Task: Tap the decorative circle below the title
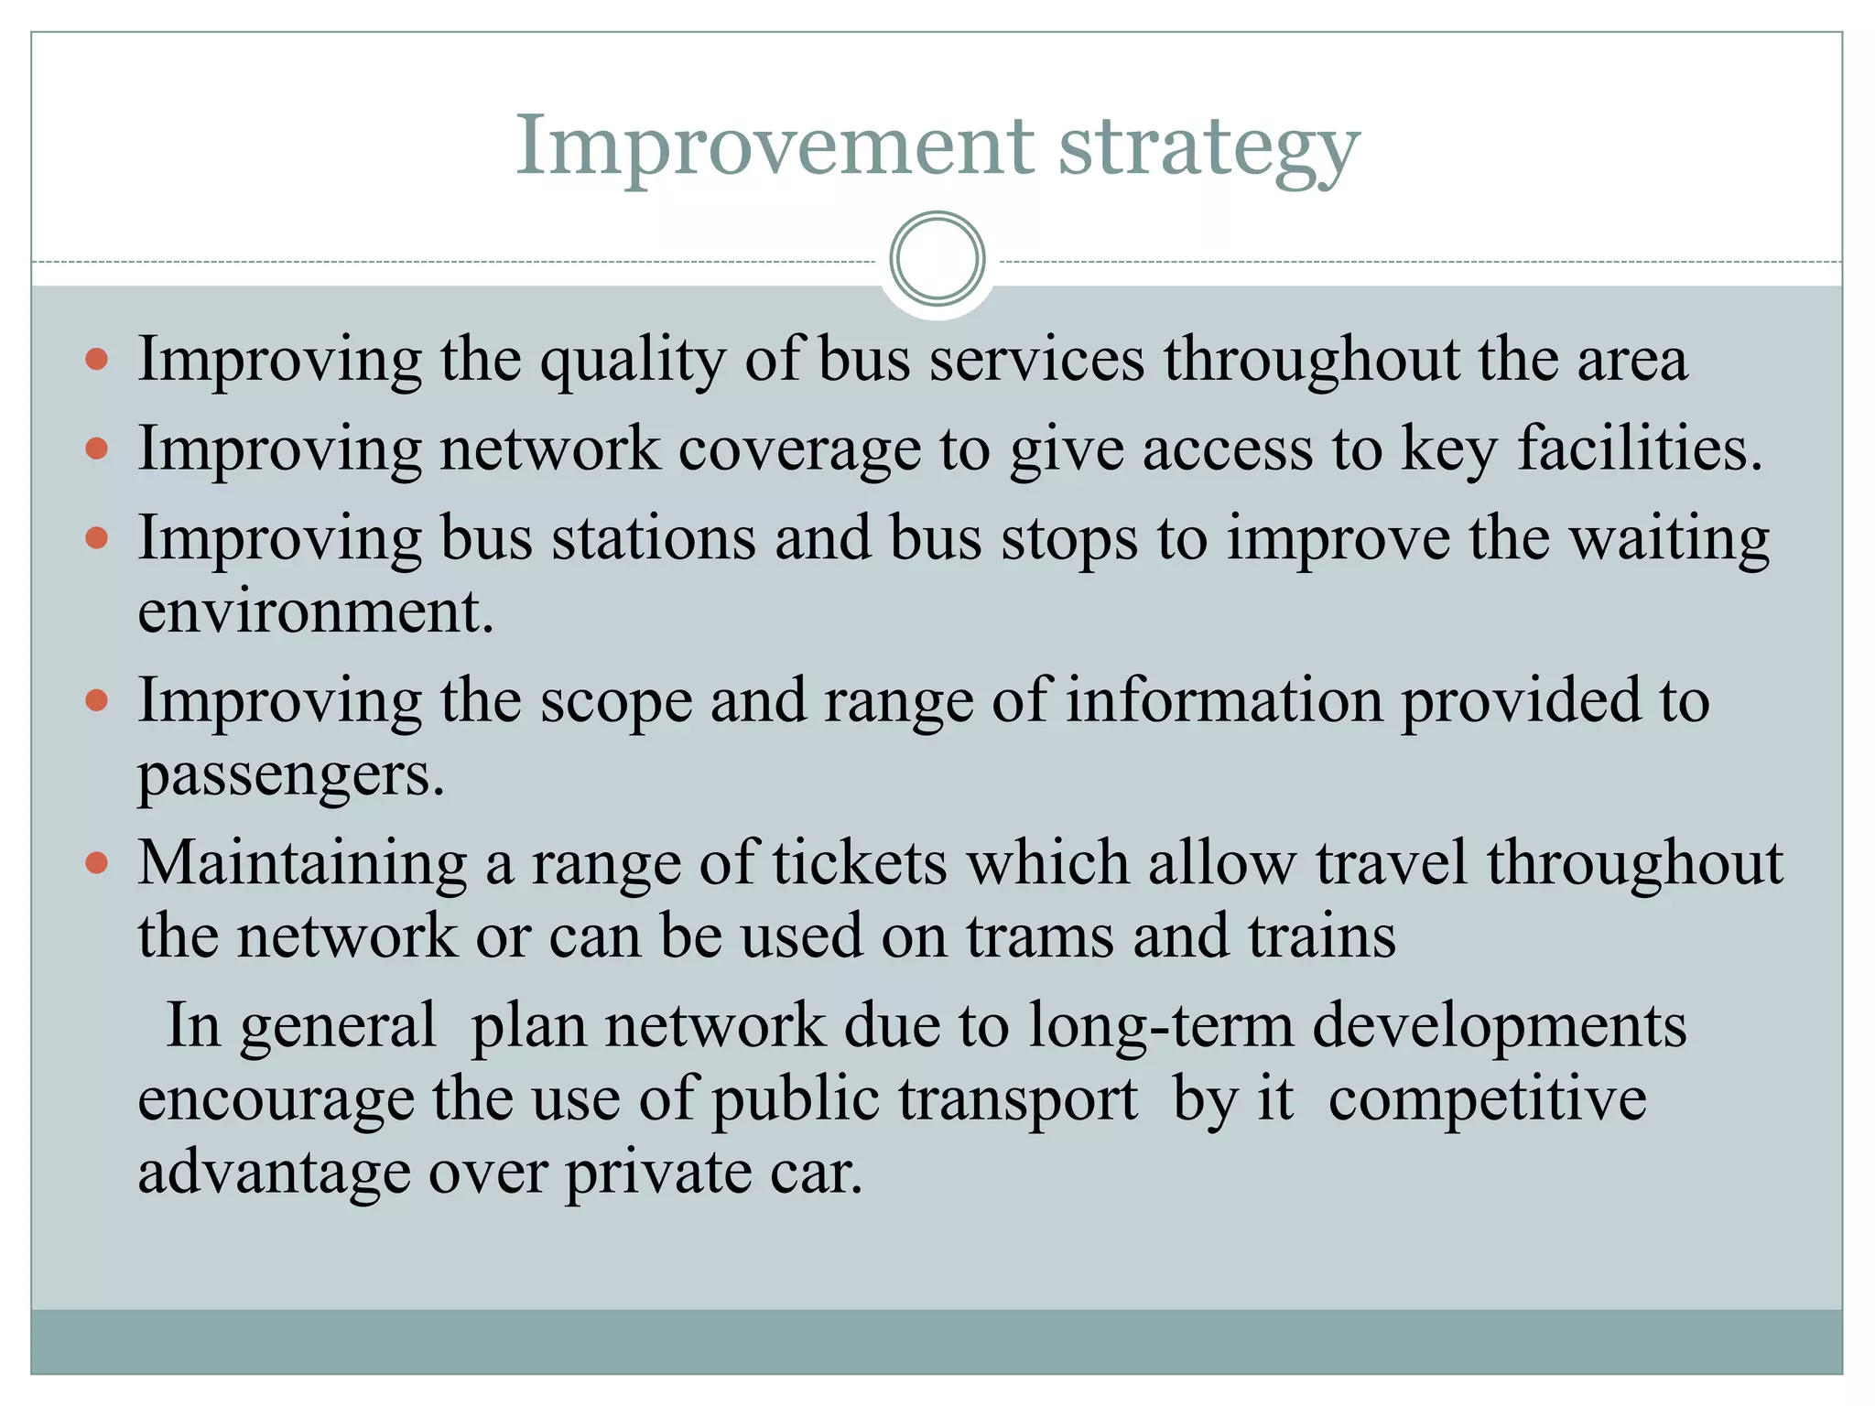[x=937, y=259]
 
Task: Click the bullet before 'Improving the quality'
[x=96, y=359]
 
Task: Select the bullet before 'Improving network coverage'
[x=96, y=449]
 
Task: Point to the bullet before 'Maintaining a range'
[x=96, y=862]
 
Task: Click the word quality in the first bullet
[x=632, y=361]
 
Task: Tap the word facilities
[x=1639, y=449]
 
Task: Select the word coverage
[x=798, y=450]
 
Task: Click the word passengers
[x=290, y=775]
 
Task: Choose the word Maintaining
[x=301, y=863]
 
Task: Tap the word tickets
[x=860, y=863]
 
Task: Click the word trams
[x=1039, y=936]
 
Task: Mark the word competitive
[x=1487, y=1098]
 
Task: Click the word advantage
[x=274, y=1173]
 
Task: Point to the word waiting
[x=1670, y=539]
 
